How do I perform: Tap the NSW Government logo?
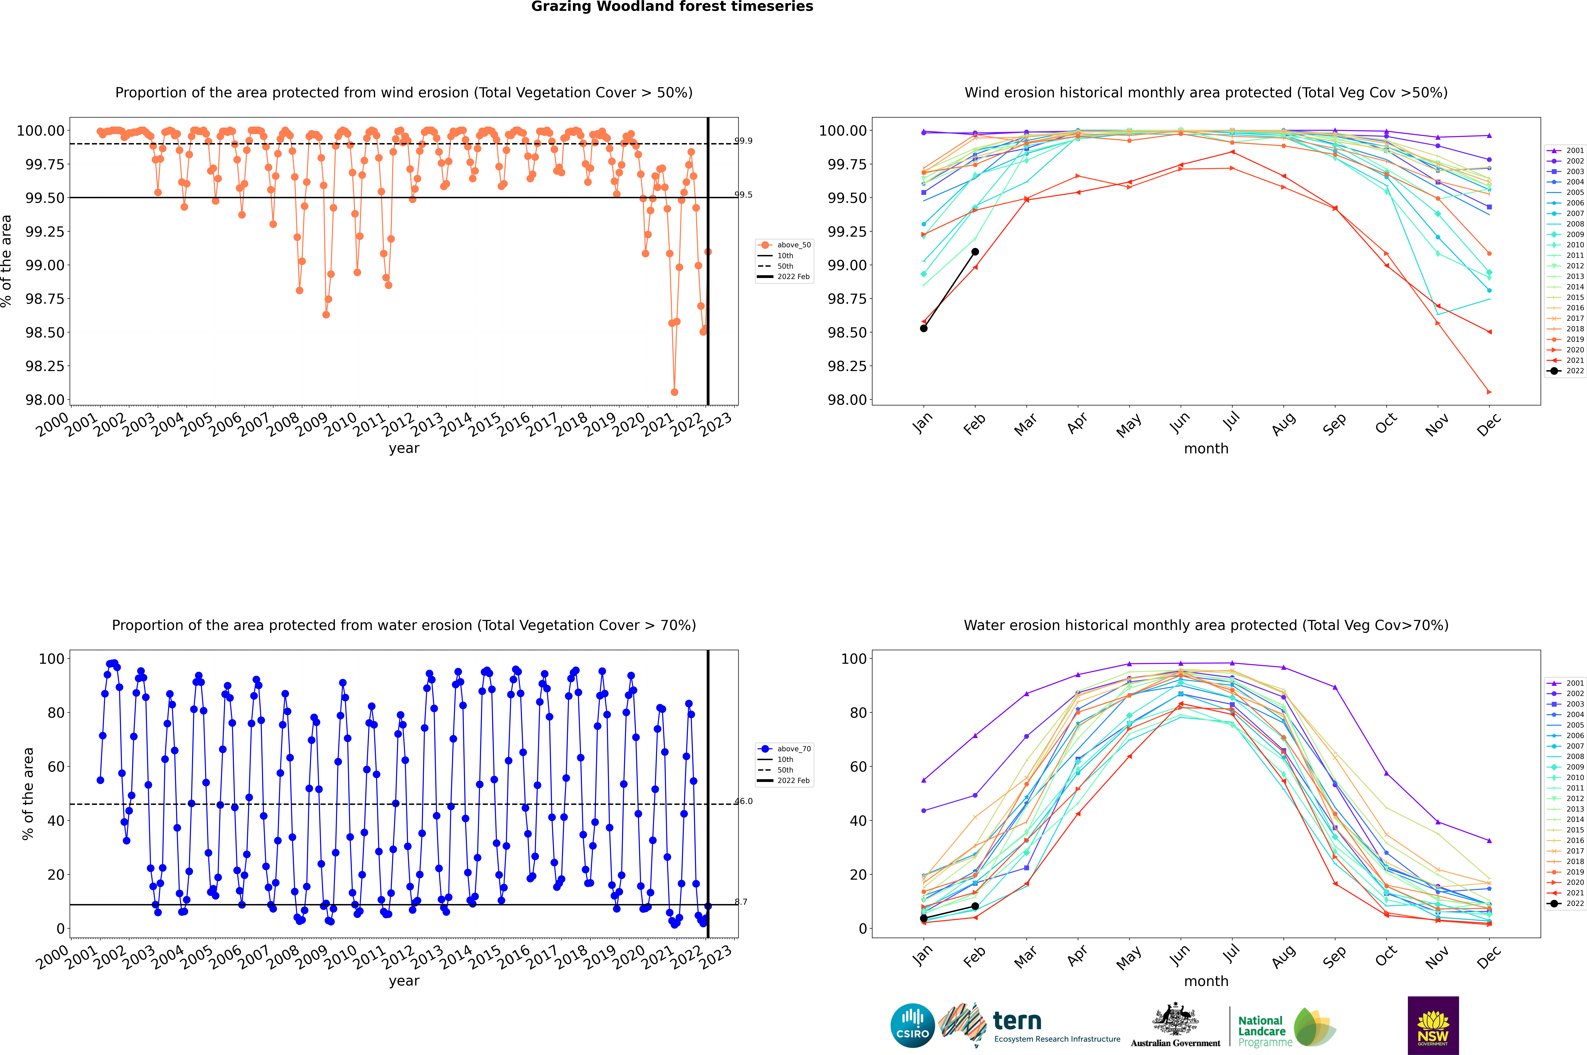(x=1433, y=1025)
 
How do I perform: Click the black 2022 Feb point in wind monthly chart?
(x=975, y=252)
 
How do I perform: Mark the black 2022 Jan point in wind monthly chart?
(x=924, y=328)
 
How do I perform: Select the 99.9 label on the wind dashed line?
(x=743, y=141)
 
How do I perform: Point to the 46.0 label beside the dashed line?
(x=743, y=801)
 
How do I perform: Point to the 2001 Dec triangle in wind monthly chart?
(x=1489, y=136)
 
